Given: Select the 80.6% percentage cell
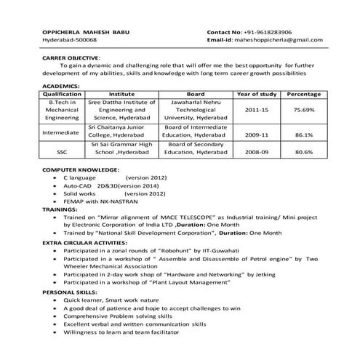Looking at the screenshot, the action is coord(303,153).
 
